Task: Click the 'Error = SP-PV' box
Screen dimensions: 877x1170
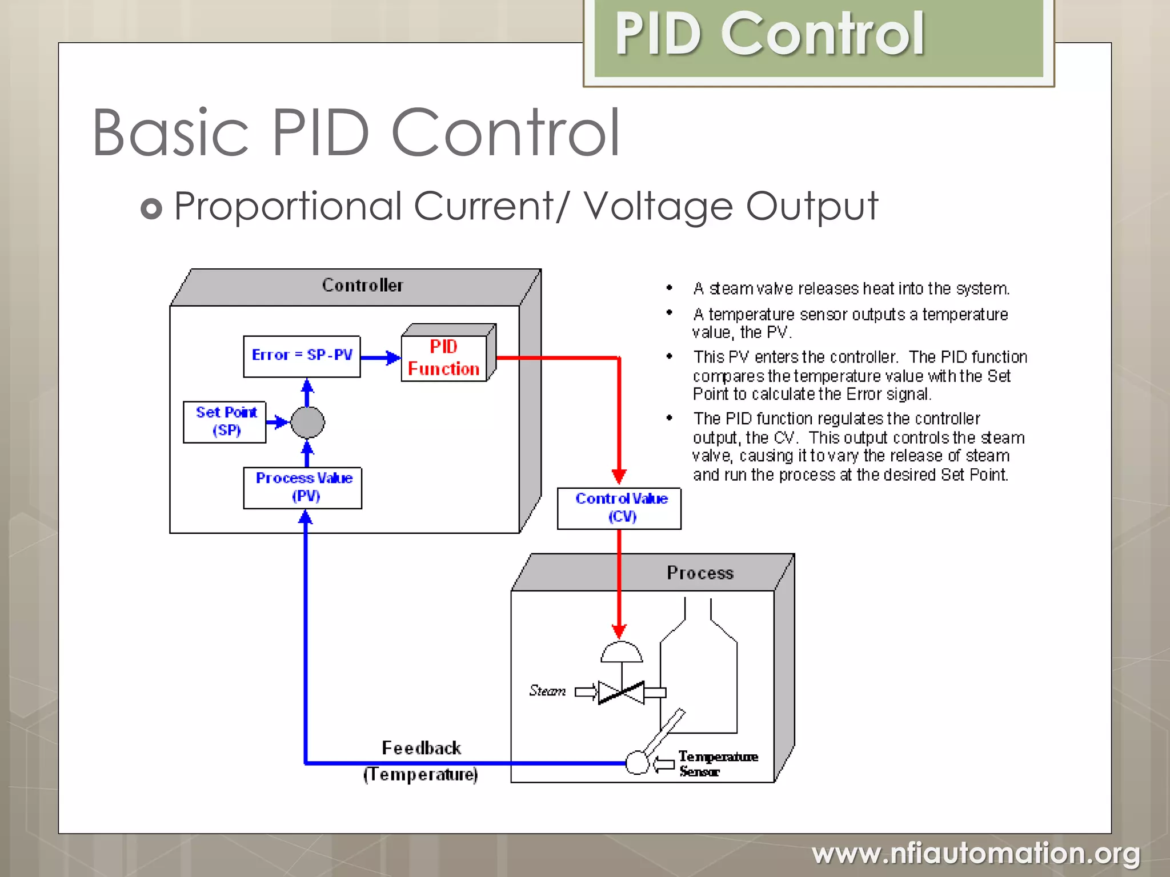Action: (x=302, y=356)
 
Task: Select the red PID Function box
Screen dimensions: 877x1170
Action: (x=444, y=358)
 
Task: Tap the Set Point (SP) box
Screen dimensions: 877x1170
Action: (x=225, y=422)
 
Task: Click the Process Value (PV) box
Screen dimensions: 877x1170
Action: (x=303, y=488)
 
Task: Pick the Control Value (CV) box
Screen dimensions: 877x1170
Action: (x=619, y=508)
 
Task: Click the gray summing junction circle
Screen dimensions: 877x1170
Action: (x=307, y=423)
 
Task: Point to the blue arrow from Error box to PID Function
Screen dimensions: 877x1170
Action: (x=380, y=358)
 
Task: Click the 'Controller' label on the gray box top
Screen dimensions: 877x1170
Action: (x=362, y=285)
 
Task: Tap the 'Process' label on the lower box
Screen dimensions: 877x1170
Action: (x=700, y=573)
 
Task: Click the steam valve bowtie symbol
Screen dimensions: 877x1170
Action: (x=621, y=693)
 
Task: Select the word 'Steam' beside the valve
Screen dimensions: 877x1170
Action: (x=547, y=691)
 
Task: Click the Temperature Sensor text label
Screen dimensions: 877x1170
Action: (x=717, y=763)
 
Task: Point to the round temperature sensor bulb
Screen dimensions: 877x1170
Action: (x=637, y=763)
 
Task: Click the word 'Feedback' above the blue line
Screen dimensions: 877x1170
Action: (x=421, y=748)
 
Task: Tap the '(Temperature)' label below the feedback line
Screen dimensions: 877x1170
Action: (x=420, y=775)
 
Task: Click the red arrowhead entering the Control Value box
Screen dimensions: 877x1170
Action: (x=619, y=476)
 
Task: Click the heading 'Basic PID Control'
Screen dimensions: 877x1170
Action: (x=356, y=132)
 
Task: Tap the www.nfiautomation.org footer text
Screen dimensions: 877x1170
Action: (x=975, y=854)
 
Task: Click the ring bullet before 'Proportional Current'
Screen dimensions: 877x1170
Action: (x=151, y=208)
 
